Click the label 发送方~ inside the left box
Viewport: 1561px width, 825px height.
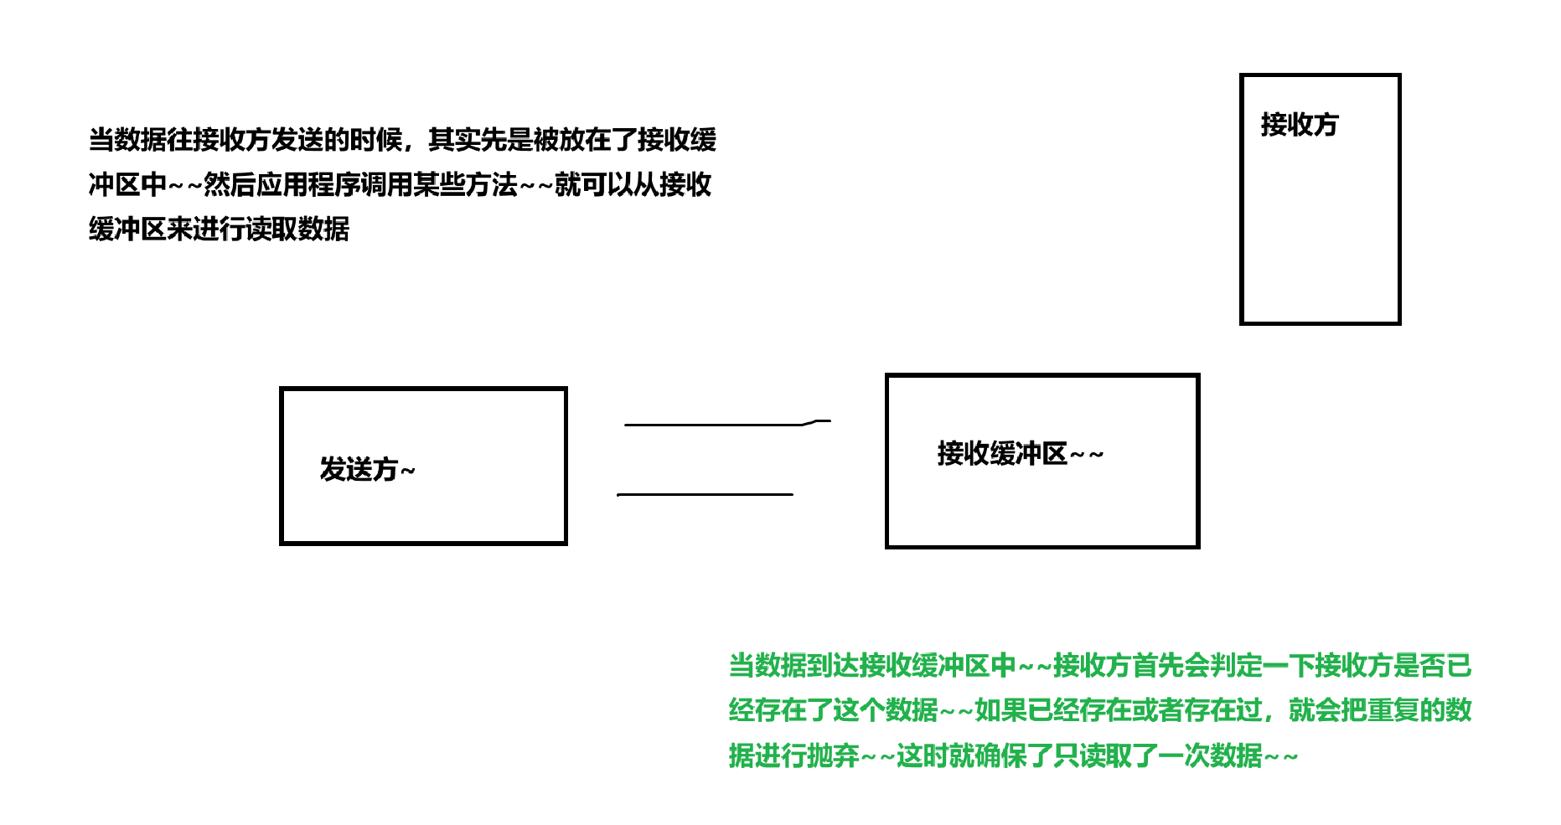[367, 469]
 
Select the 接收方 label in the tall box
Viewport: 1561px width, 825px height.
[1299, 125]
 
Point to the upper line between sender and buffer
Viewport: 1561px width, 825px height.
[712, 425]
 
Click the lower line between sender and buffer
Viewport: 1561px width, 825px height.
[705, 494]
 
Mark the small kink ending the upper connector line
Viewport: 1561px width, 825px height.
[817, 421]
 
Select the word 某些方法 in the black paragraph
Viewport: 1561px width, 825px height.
[465, 184]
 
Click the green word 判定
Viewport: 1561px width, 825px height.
[1236, 666]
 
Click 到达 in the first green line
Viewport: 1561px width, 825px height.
[834, 666]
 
